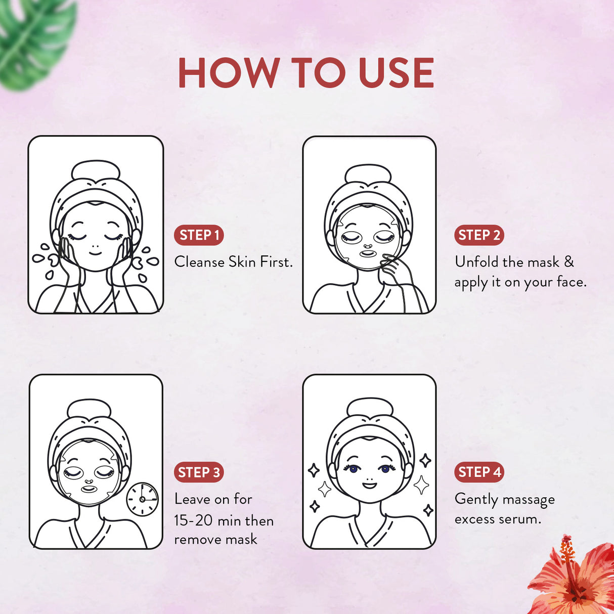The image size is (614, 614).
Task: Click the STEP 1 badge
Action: click(199, 235)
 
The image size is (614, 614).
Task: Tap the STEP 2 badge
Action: click(478, 235)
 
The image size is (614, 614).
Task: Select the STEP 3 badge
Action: click(199, 472)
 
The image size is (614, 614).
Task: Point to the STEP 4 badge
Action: click(478, 472)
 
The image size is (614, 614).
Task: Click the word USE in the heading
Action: click(396, 73)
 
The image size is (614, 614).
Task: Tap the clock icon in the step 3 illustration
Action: click(142, 499)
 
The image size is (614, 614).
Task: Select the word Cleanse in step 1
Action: click(199, 262)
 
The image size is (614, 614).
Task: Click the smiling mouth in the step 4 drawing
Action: click(370, 486)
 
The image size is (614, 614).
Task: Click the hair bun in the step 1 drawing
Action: click(96, 171)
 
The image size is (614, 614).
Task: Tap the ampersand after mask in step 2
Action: click(569, 262)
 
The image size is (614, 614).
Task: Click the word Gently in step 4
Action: click(476, 500)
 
